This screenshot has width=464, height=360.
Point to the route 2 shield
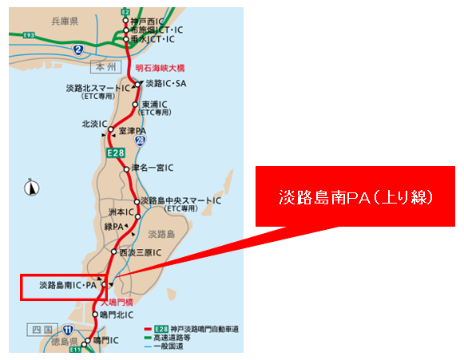pos(77,50)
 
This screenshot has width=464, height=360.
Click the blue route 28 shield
pos(140,140)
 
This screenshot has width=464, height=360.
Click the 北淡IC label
pos(95,124)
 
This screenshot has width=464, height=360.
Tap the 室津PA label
pos(131,130)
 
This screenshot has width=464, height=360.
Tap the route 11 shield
pos(69,330)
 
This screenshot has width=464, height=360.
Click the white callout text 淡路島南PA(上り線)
pos(355,196)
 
